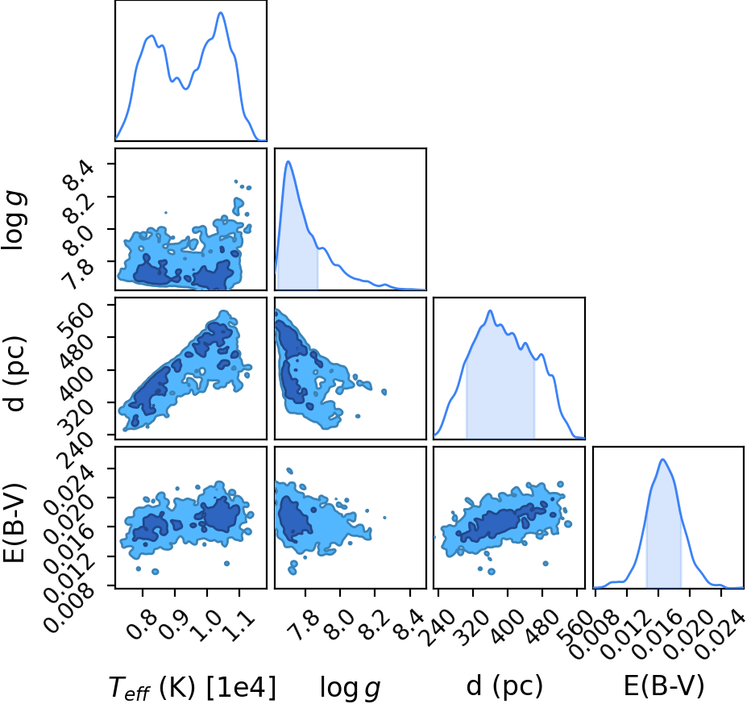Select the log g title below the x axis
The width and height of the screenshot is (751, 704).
pos(350,688)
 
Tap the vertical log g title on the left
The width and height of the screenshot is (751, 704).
pos(14,220)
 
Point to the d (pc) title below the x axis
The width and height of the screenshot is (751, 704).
pos(504,685)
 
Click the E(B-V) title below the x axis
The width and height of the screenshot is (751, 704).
pos(664,685)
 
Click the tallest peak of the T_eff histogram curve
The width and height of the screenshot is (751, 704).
pos(221,12)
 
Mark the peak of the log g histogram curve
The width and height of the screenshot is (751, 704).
pos(288,161)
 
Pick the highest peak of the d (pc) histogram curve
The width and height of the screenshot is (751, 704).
pos(490,310)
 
